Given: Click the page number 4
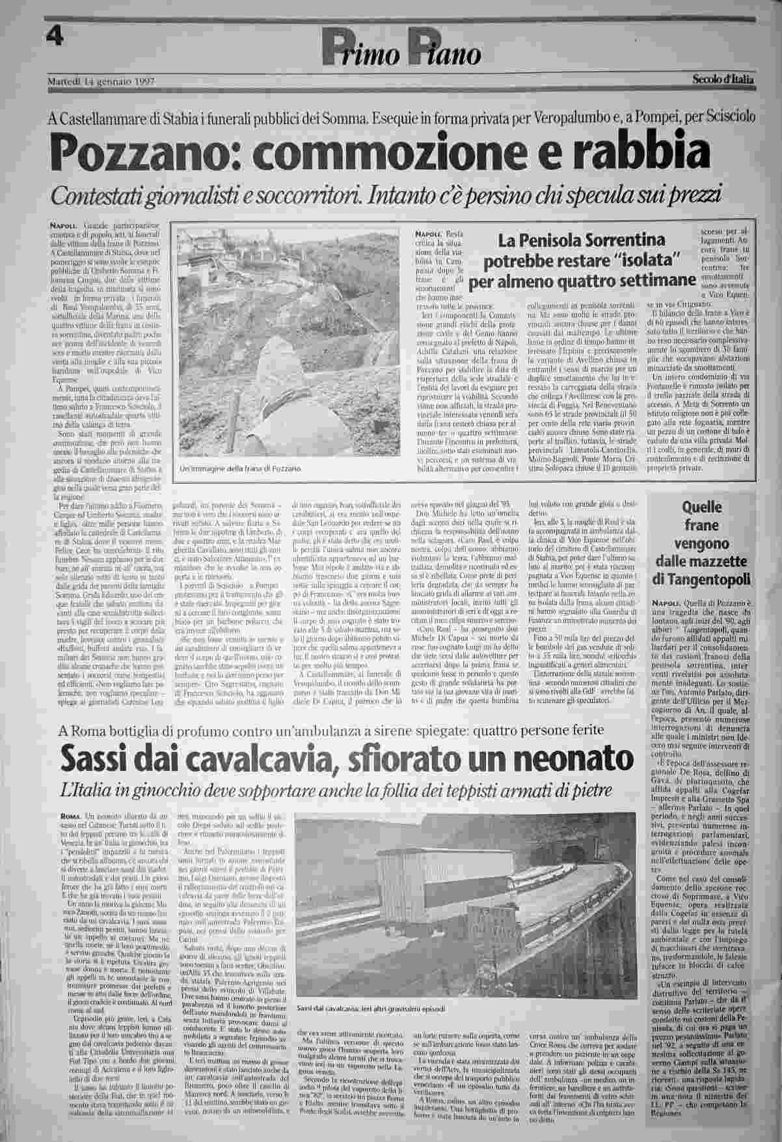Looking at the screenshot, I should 59,36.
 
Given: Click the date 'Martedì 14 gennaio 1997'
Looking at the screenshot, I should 100,81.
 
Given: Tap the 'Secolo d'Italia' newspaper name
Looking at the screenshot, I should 722,81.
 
